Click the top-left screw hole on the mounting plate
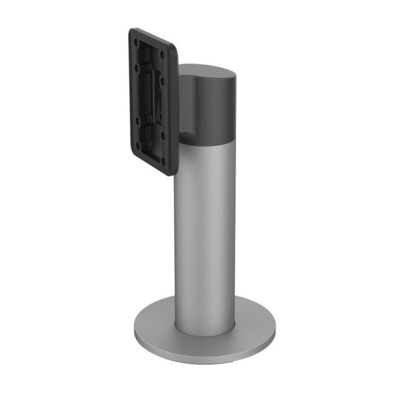tap(137, 42)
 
